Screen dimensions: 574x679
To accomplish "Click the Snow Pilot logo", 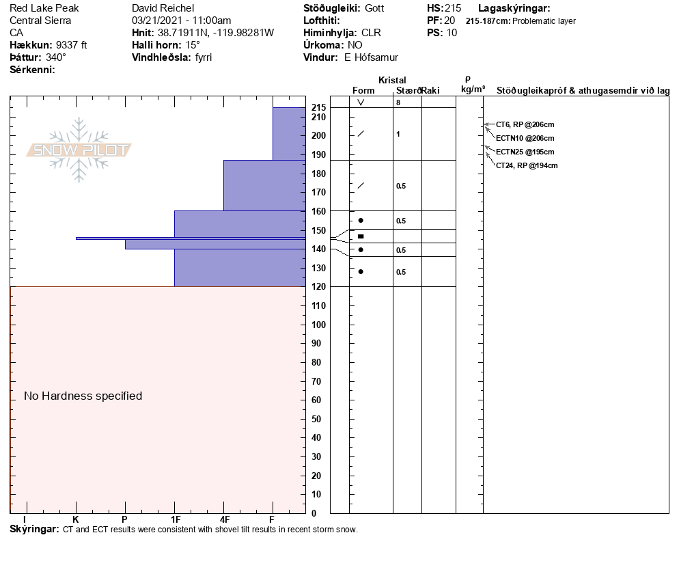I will (x=79, y=150).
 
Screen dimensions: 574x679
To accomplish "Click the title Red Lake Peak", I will (x=44, y=8).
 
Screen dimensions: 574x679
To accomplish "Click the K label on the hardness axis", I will (x=75, y=519).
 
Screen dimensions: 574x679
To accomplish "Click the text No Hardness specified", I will (x=83, y=396).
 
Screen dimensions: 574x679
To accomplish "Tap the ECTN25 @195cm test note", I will (x=525, y=152).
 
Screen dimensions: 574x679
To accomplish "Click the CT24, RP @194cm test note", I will (x=527, y=165).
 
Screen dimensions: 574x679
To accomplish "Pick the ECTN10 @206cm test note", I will (x=525, y=138).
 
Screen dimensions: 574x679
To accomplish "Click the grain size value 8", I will (x=398, y=102).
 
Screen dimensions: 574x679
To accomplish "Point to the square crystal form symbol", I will (x=361, y=236).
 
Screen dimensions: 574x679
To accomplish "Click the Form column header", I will (x=363, y=90).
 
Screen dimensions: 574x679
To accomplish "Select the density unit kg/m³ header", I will (x=473, y=90).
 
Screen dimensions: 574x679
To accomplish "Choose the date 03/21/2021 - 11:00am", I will (x=181, y=20).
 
